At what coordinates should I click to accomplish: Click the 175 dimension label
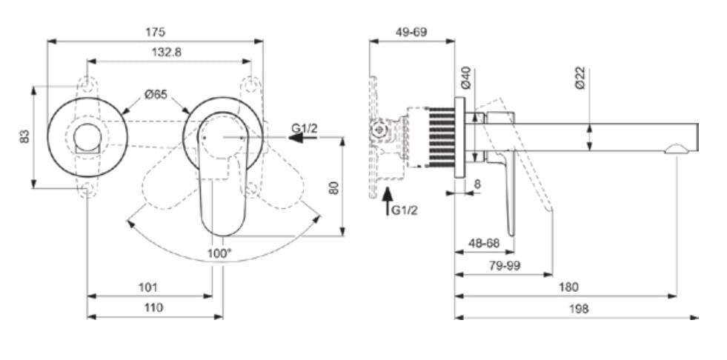(x=155, y=32)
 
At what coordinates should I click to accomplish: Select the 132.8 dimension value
(x=166, y=52)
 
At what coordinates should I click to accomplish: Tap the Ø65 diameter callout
(x=156, y=94)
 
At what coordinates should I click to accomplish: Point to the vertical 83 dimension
(x=24, y=136)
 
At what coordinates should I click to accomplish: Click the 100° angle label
(x=220, y=253)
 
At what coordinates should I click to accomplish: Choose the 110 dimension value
(x=153, y=307)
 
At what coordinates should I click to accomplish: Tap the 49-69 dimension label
(x=411, y=32)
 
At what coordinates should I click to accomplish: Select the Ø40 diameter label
(x=466, y=79)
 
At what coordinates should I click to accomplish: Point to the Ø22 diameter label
(x=580, y=79)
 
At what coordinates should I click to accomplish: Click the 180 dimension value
(x=569, y=287)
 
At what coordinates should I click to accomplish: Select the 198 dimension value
(x=579, y=309)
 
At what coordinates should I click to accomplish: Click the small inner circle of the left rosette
(x=87, y=137)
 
